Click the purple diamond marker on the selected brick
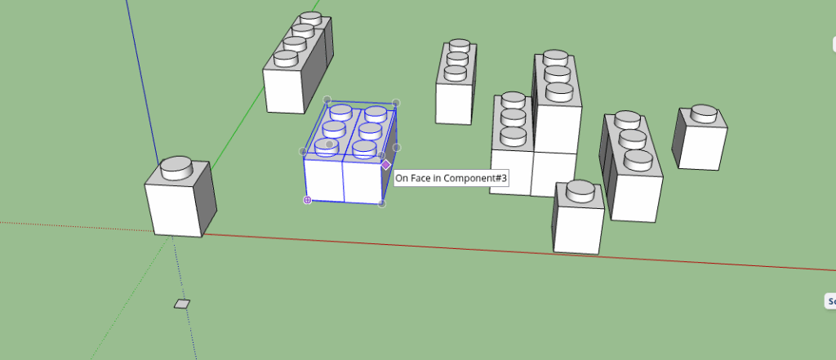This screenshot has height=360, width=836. click(386, 164)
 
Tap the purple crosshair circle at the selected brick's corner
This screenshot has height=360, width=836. click(308, 199)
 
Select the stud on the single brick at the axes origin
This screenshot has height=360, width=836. click(176, 167)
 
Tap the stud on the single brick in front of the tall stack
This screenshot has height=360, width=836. click(580, 190)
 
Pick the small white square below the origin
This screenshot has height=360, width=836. click(181, 304)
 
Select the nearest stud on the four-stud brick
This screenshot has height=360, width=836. click(286, 58)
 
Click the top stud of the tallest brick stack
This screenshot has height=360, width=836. click(555, 58)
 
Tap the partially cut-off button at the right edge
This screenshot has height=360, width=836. click(830, 301)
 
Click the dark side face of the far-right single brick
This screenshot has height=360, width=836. click(680, 137)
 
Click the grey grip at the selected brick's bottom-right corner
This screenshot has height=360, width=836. click(381, 203)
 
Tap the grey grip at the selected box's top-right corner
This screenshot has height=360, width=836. click(396, 103)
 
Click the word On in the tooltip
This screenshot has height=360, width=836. click(401, 176)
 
